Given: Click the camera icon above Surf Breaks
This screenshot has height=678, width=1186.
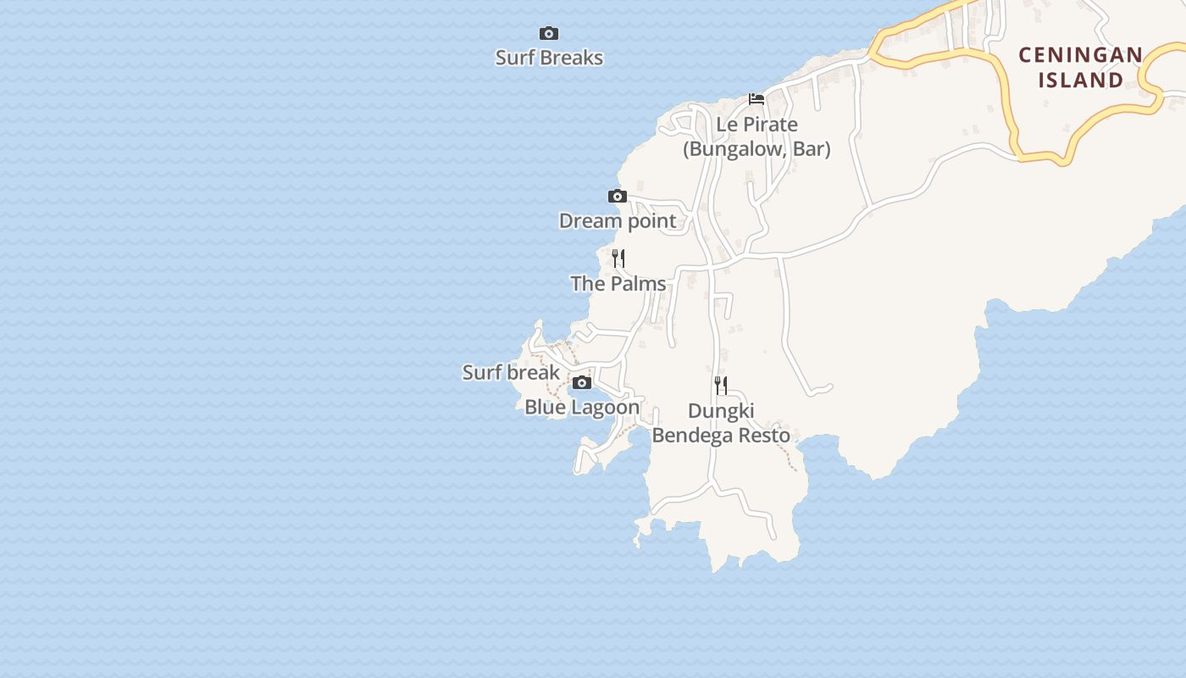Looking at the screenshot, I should coord(549,34).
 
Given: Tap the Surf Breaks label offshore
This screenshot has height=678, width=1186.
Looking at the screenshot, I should coord(549,58).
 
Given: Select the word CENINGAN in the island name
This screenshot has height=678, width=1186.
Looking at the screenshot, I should coord(1080,55).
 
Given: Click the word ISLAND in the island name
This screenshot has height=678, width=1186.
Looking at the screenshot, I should coord(1080,81).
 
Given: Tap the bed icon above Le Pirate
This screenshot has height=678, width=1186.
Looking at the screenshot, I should coord(756,99).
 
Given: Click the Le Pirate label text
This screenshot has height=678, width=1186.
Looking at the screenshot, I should coord(756,125).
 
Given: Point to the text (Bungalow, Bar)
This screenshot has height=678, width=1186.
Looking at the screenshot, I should coord(756,149).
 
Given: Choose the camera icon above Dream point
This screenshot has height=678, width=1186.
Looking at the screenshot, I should coord(618,197).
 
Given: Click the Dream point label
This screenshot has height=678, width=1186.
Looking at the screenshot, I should coord(618,221).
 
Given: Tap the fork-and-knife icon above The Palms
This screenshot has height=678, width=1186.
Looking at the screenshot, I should coord(618,258).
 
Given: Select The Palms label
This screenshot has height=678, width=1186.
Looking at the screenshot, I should coord(618,284).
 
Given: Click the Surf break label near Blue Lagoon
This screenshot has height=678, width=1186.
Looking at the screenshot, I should coord(511,372).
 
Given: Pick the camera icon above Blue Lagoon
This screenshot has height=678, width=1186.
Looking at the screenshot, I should coord(581,383).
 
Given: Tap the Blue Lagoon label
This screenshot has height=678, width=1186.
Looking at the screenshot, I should coord(582,407).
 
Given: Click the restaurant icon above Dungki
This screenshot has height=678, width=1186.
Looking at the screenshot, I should coord(720,386).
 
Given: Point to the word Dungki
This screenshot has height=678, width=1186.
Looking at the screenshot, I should coord(721,411).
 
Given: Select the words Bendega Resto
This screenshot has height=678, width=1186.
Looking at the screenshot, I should coord(721,436).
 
